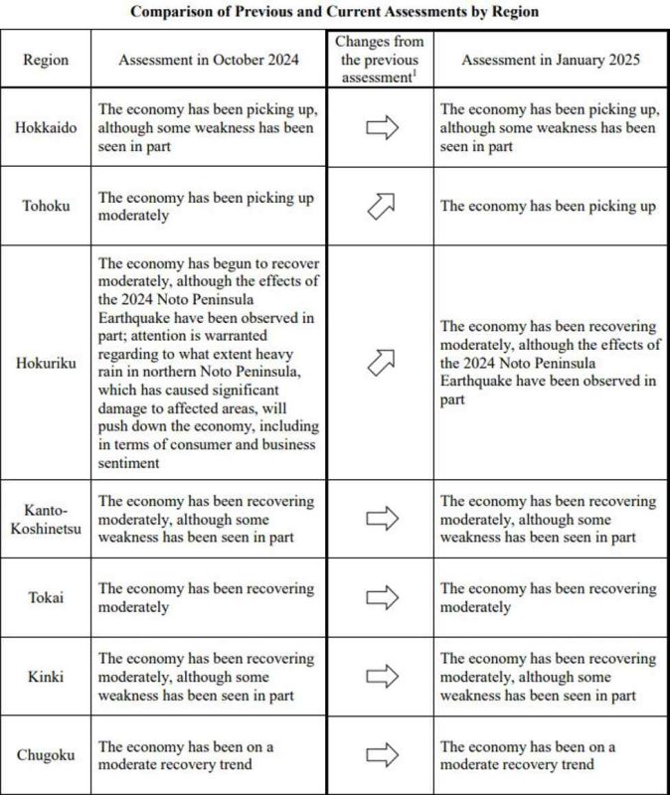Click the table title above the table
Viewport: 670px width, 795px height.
tap(335, 13)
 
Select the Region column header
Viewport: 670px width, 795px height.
tap(46, 60)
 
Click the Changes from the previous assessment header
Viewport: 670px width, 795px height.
tap(379, 59)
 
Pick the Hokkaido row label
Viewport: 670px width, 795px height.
tap(46, 127)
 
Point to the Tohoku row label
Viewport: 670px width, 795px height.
tap(46, 206)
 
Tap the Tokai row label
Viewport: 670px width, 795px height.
tap(46, 597)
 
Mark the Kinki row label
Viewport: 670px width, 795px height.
tap(46, 677)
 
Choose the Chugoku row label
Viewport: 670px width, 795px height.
tap(46, 755)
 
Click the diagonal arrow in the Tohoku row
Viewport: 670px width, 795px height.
tap(381, 206)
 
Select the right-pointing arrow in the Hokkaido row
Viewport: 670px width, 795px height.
tap(381, 127)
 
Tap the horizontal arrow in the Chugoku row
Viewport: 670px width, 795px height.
tap(381, 755)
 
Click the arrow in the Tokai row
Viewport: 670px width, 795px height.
tap(381, 597)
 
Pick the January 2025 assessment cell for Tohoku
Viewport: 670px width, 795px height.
tap(548, 206)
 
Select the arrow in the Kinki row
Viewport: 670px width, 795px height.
tap(381, 677)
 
